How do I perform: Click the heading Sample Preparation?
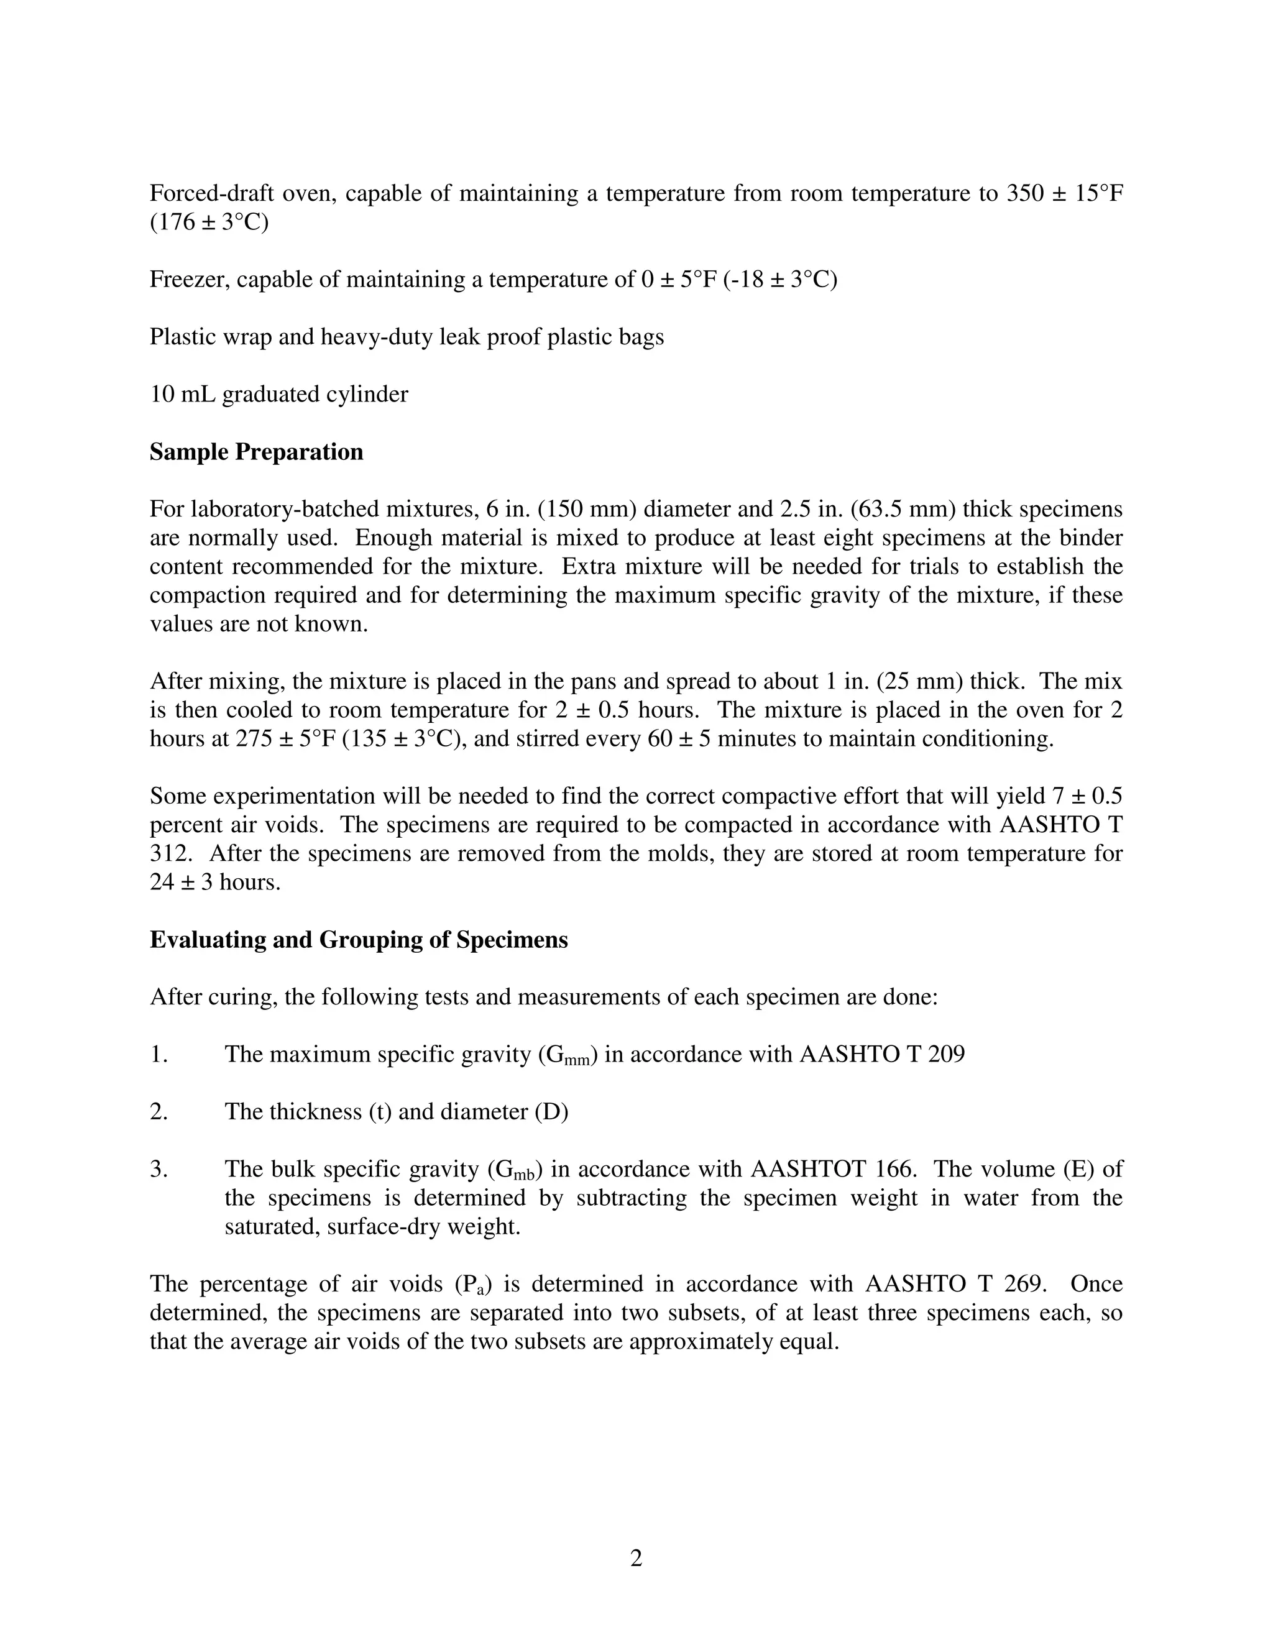(257, 452)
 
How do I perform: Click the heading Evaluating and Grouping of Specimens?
(358, 940)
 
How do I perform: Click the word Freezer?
(191, 280)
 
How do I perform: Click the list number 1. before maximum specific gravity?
(159, 1054)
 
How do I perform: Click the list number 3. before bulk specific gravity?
(159, 1170)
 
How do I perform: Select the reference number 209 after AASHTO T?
(945, 1054)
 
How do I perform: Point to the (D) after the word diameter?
(551, 1113)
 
